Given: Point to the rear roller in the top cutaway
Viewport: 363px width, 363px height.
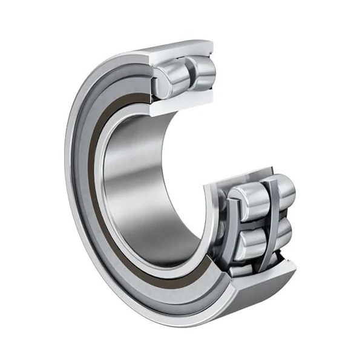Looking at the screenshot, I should (203, 68).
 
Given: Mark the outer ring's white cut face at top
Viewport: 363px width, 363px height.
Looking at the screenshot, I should (181, 54).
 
